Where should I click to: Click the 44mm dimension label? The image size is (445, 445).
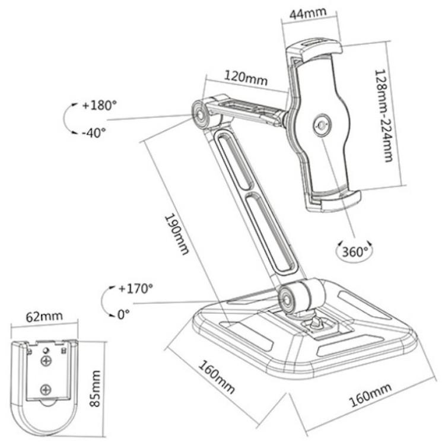click(308, 13)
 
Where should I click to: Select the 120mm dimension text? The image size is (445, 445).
click(246, 78)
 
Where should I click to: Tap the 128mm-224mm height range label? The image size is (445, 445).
click(384, 116)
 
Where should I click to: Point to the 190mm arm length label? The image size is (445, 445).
click(177, 234)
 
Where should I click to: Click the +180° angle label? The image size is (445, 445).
click(100, 105)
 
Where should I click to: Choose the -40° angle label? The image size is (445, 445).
click(94, 132)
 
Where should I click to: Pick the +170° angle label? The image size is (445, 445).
click(136, 288)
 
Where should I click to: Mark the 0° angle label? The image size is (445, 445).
click(123, 314)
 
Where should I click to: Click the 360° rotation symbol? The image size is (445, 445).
click(354, 252)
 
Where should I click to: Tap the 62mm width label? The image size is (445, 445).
click(44, 316)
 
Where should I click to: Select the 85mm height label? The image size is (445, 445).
click(95, 388)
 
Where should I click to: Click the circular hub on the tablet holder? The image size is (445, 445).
click(322, 125)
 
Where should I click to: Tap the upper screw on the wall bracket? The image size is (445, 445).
click(46, 361)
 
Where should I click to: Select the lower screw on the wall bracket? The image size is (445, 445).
click(46, 389)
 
